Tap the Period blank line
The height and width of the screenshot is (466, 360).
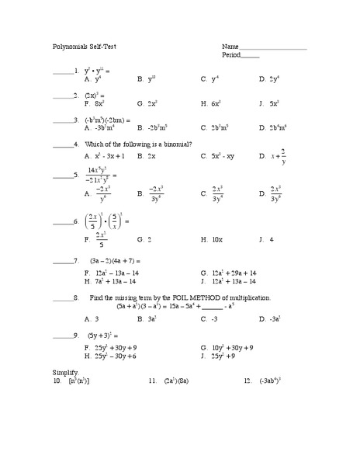tap(250, 56)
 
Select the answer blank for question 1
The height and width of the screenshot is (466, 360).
tap(62, 72)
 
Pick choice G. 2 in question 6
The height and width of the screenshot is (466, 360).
tap(144, 240)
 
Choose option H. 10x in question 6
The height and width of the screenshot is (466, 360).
tap(209, 240)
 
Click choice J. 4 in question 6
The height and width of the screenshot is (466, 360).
tap(266, 240)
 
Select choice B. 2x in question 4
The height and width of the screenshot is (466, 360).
tap(147, 156)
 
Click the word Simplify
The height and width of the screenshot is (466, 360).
tap(66, 374)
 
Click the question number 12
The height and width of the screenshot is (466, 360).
tap(247, 382)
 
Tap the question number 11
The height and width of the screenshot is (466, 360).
tap(152, 382)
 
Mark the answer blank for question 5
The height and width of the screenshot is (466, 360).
tap(62, 176)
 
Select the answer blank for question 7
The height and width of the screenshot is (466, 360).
tap(62, 262)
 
